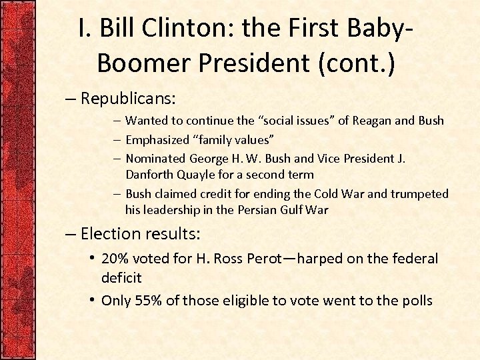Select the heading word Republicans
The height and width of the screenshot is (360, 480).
(x=127, y=99)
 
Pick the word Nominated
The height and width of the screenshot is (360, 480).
(x=155, y=159)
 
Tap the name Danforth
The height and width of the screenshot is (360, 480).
(x=150, y=175)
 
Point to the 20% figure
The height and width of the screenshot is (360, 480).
(x=115, y=258)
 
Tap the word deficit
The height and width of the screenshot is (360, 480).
(x=121, y=277)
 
